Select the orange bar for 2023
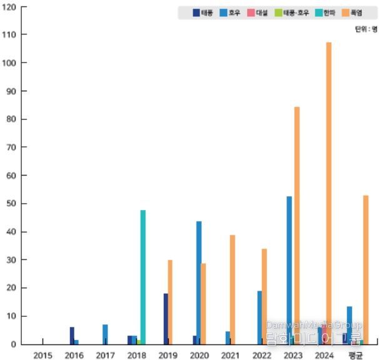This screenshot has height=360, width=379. pos(297,225)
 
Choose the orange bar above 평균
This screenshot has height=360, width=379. pos(366,269)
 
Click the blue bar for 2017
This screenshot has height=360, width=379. pos(105,334)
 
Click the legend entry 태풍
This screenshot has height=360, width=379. pos(203,12)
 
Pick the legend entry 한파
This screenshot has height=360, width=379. pos(322,12)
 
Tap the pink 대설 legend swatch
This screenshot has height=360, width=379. pos(250,12)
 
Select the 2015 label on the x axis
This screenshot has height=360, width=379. pos(43,355)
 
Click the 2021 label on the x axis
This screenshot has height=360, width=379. pos(230,355)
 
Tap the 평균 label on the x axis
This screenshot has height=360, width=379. pos(356,355)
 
